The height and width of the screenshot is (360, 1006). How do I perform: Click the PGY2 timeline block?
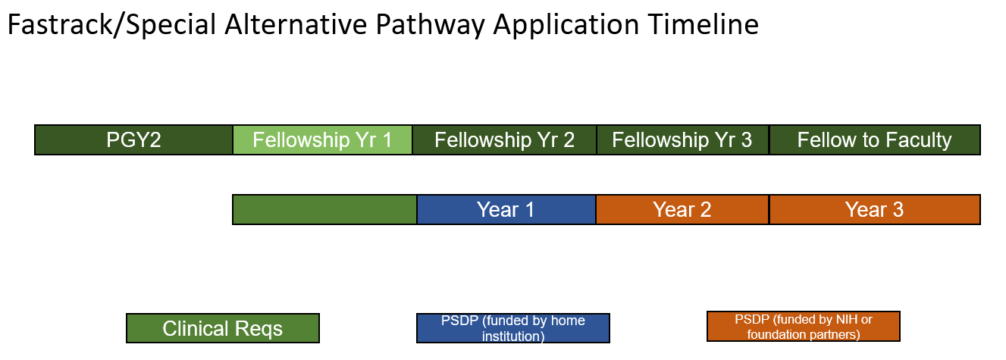[133, 140]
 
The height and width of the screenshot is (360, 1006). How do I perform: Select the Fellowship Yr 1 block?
[322, 140]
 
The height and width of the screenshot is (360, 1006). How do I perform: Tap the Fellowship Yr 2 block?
[504, 140]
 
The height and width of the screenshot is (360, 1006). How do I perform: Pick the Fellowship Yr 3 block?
[682, 140]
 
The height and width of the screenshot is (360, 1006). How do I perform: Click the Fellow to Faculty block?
[874, 140]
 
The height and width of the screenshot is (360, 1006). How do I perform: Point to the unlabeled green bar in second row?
[324, 210]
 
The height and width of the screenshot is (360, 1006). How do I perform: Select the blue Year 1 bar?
[506, 210]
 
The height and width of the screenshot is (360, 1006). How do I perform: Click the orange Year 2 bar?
[682, 210]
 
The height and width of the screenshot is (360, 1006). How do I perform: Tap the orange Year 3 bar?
[874, 210]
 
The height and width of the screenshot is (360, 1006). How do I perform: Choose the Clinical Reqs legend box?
[222, 329]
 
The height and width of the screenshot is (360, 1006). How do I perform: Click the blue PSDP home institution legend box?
[513, 328]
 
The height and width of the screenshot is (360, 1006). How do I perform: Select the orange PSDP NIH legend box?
[803, 327]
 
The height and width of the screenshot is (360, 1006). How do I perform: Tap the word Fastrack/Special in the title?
[111, 25]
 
